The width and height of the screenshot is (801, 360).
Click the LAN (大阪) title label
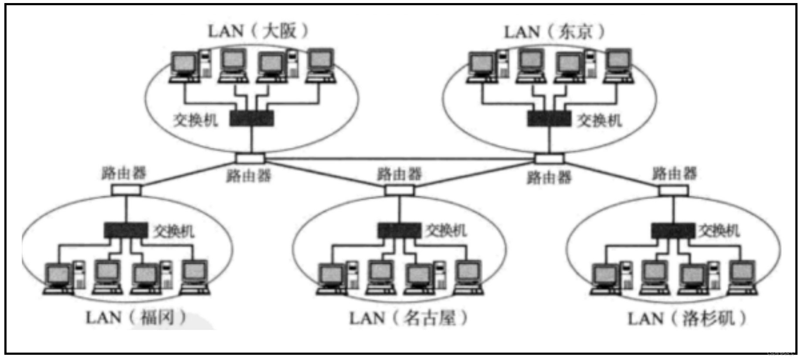click(x=258, y=31)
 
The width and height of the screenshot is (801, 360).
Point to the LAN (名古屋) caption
click(x=408, y=318)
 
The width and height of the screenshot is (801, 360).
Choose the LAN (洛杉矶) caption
click(x=686, y=319)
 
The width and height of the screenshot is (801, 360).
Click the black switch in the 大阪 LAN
click(x=252, y=118)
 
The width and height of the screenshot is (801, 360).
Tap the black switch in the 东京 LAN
click(x=549, y=119)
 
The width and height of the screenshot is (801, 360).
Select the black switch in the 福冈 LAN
click(x=126, y=230)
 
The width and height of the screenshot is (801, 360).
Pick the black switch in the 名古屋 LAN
click(x=399, y=230)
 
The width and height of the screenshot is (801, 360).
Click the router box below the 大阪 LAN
click(x=251, y=158)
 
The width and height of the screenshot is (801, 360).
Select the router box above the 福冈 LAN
click(x=126, y=190)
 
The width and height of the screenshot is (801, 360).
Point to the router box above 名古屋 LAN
click(x=400, y=190)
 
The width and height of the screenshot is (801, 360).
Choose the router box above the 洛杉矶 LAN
click(x=673, y=190)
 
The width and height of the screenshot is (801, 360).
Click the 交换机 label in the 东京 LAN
click(x=599, y=120)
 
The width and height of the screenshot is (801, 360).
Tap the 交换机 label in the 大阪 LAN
click(x=195, y=120)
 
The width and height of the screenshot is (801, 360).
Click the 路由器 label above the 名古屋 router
click(x=400, y=174)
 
